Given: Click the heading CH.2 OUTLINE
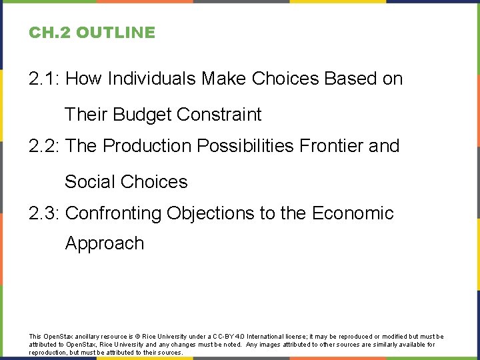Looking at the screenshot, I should [91, 33].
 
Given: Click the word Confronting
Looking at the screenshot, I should [114, 213].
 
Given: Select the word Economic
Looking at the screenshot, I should [353, 213].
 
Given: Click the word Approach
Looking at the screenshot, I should [105, 243].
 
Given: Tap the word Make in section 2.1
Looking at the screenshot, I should [225, 79].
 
